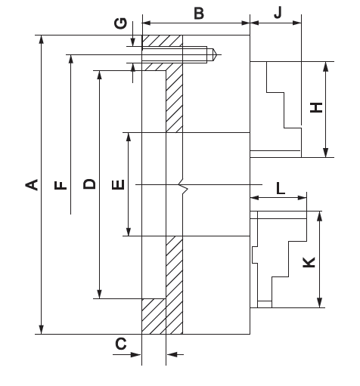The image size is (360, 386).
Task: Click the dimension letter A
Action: tap(32, 184)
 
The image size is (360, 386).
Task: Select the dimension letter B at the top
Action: tap(199, 14)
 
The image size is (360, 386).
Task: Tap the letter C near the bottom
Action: tap(121, 344)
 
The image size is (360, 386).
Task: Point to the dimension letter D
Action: tap(89, 184)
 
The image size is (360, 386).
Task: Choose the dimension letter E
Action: tap(118, 184)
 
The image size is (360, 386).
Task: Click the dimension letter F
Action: tap(61, 185)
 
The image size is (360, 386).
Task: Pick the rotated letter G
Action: tap(120, 23)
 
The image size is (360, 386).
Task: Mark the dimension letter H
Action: tap(316, 107)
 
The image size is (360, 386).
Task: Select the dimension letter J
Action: tap(278, 13)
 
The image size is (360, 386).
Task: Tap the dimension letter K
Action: tap(309, 262)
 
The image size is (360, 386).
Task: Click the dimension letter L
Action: tap(281, 188)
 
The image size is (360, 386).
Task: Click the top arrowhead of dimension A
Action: tap(42, 39)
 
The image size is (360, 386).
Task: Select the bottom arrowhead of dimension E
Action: tap(129, 231)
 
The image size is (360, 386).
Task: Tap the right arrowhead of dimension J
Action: tap(297, 23)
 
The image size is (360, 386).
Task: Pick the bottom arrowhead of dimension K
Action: tap(319, 303)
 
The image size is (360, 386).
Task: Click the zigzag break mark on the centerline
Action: tap(184, 185)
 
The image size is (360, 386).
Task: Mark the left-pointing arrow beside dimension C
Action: tap(175, 354)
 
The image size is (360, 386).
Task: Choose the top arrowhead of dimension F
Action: tap(71, 59)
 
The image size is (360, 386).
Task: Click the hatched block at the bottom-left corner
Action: tap(154, 317)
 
